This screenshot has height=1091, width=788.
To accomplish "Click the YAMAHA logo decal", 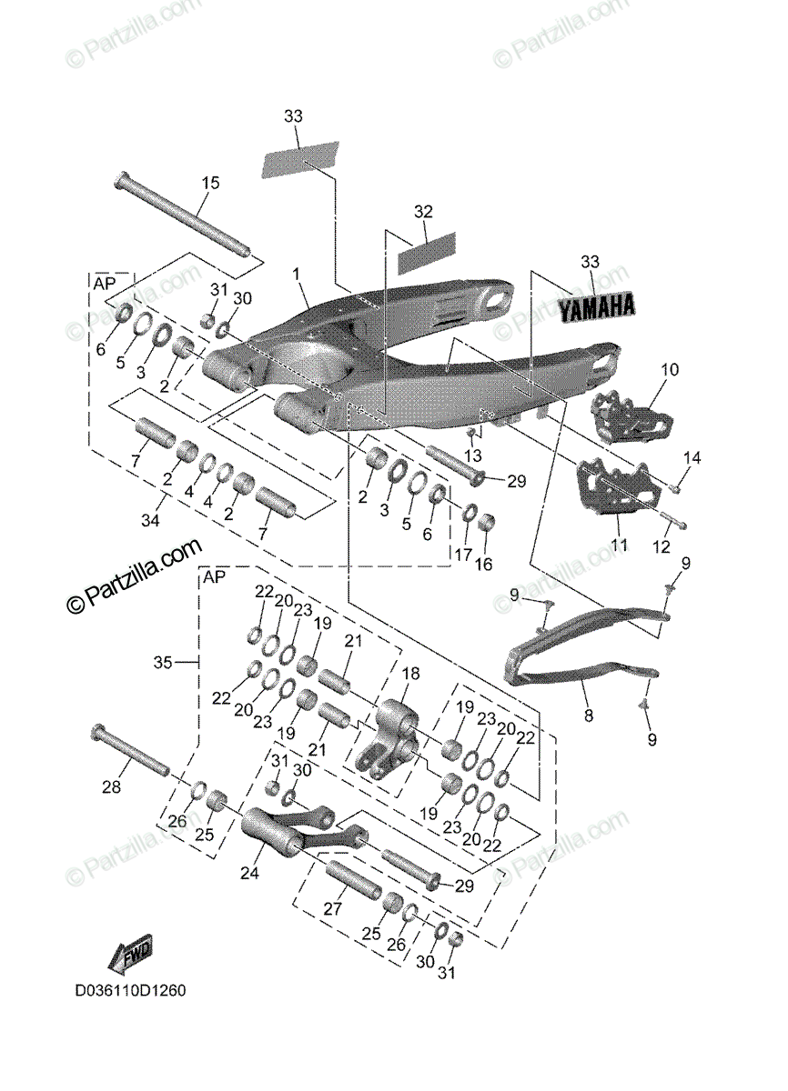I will pyautogui.click(x=596, y=306).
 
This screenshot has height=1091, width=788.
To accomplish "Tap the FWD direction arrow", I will pyautogui.click(x=130, y=956).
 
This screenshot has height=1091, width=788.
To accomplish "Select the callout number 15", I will pyautogui.click(x=210, y=183).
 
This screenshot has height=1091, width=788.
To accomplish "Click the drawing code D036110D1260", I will pyautogui.click(x=131, y=990).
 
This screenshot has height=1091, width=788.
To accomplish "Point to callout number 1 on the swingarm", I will pyautogui.click(x=296, y=273).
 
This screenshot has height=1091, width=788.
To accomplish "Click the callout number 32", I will pyautogui.click(x=423, y=212).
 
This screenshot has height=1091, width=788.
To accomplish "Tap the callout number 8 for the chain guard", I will pyautogui.click(x=588, y=716).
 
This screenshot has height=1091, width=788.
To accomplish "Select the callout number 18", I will pyautogui.click(x=411, y=673).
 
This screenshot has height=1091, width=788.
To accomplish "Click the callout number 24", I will pyautogui.click(x=250, y=874).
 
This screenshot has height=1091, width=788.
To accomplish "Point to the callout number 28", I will pyautogui.click(x=111, y=787).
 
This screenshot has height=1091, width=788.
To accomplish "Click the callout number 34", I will pyautogui.click(x=150, y=521).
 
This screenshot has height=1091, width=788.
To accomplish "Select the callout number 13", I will pyautogui.click(x=471, y=454).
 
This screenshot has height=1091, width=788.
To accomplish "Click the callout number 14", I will pyautogui.click(x=693, y=458).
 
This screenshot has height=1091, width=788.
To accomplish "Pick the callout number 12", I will pyautogui.click(x=661, y=547).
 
